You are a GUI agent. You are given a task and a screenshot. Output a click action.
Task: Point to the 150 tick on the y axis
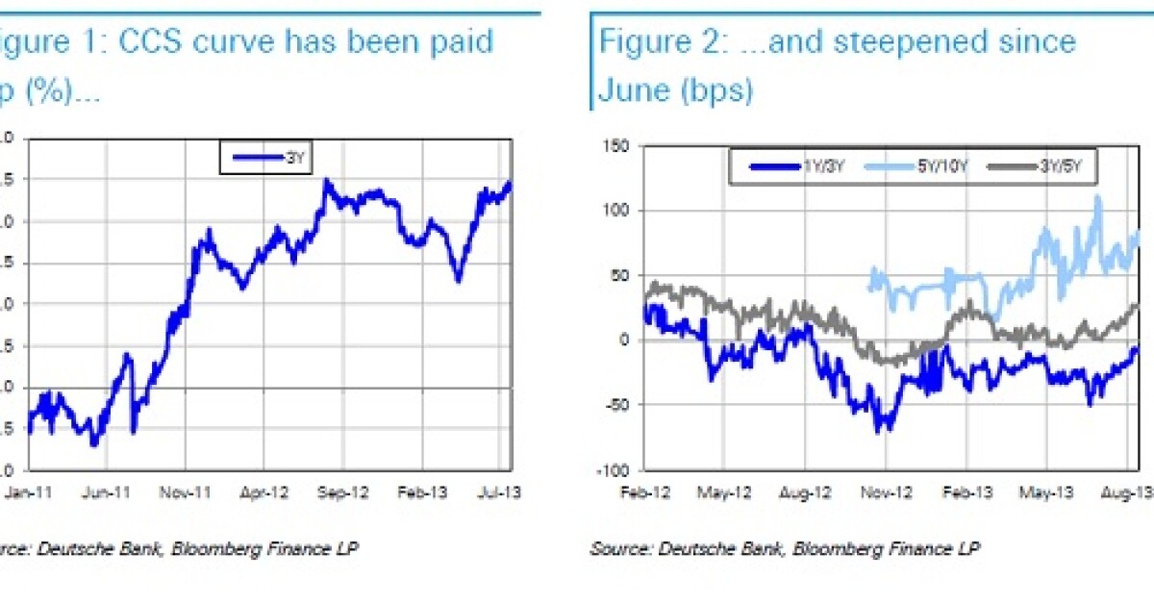(x=612, y=145)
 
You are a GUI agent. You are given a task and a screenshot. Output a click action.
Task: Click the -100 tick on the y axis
(x=609, y=470)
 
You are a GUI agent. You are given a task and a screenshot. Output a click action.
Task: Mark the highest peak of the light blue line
(x=1097, y=198)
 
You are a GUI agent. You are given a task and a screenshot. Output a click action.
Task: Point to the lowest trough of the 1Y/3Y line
(x=879, y=430)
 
